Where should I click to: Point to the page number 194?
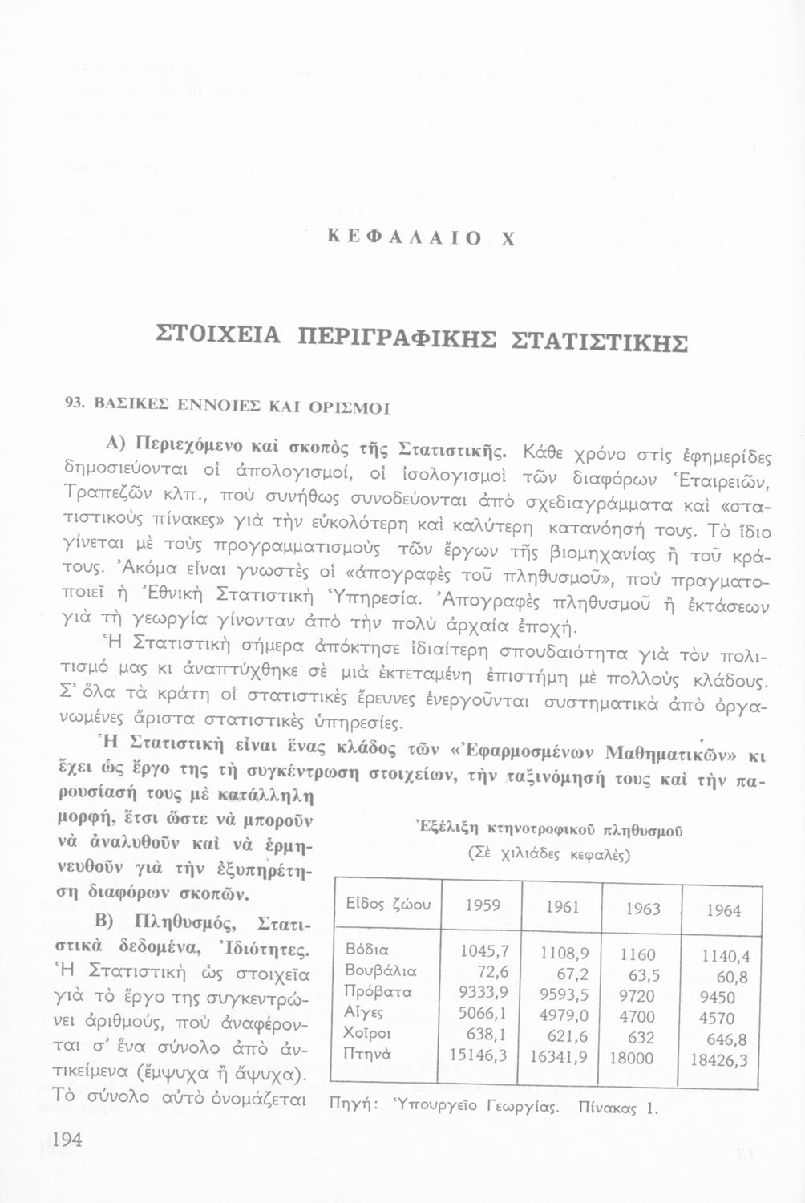(x=68, y=1140)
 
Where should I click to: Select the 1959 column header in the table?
(x=483, y=905)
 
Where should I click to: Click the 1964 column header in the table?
(x=723, y=910)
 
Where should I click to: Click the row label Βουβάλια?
(x=380, y=971)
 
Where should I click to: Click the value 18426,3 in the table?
(x=718, y=1060)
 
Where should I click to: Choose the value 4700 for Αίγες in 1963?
(x=638, y=1017)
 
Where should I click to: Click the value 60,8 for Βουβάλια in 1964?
(x=731, y=977)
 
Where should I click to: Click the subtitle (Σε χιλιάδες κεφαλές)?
(x=549, y=853)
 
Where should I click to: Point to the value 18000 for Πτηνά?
(x=633, y=1059)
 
